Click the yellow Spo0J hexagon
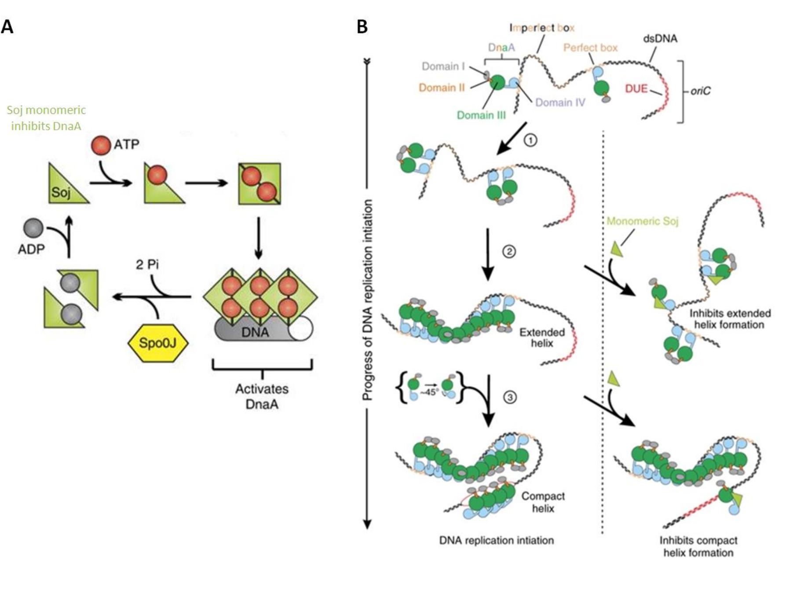[x=158, y=343]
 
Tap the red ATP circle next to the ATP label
[x=102, y=146]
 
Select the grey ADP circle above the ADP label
[x=33, y=229]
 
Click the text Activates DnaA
[x=262, y=396]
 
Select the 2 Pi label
[x=147, y=264]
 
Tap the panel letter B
[x=362, y=27]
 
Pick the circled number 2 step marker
[x=509, y=252]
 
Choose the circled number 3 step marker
[x=510, y=397]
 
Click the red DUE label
[x=636, y=89]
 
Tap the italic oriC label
[x=700, y=91]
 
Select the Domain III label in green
[x=481, y=115]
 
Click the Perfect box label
[x=590, y=48]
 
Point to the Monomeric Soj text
[x=642, y=221]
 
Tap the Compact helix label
[x=543, y=502]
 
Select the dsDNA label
[x=660, y=39]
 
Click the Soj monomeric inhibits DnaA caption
[x=46, y=118]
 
